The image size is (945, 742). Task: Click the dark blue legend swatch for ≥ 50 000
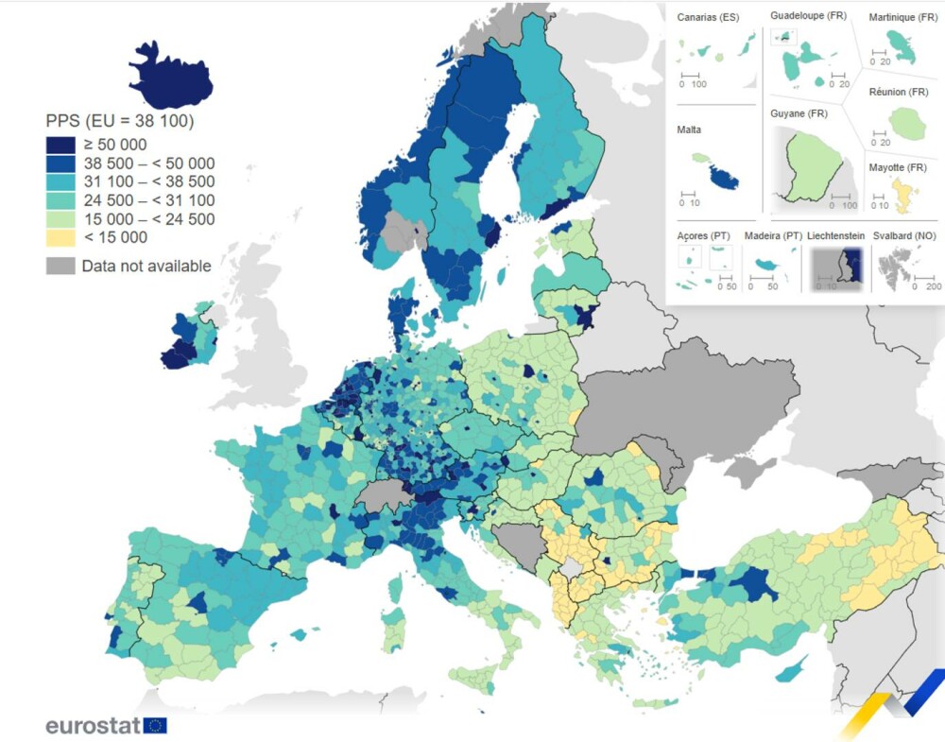pos(60,145)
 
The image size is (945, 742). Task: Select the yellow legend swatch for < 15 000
pos(60,237)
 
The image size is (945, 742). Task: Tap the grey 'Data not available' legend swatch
pos(60,266)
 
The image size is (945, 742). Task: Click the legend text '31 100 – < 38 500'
pos(148,181)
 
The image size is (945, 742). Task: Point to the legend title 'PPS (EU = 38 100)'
pos(120,121)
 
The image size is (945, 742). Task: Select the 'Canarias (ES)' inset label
pos(708,18)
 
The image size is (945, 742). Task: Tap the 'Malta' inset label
pos(690,129)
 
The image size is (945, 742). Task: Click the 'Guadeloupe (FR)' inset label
pos(809,16)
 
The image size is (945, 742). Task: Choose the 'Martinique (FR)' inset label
pos(903,16)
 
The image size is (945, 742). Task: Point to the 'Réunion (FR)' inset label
pos(899,92)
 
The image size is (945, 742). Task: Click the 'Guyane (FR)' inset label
pos(799,113)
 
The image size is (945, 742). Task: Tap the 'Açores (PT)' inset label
pos(702,235)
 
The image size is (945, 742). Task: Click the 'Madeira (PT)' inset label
pos(773,235)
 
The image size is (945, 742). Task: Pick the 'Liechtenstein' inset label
pos(834,235)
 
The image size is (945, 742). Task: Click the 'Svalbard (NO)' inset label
pos(905,235)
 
